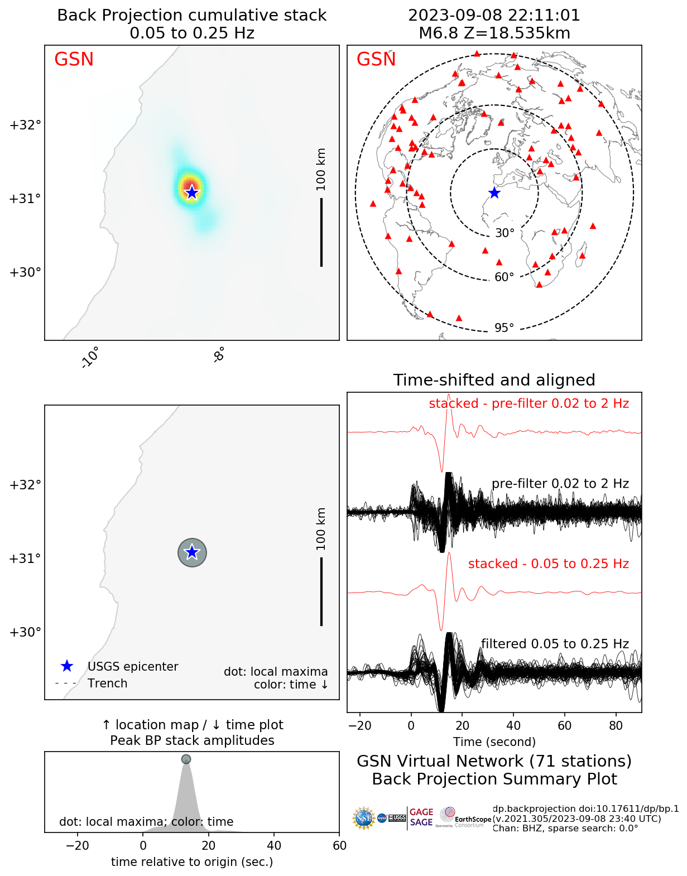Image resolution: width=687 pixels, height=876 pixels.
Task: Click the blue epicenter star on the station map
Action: pos(494,193)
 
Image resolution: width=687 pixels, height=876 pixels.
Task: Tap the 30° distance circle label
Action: pos(505,233)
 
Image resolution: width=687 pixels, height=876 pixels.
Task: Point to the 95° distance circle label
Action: pos(504,328)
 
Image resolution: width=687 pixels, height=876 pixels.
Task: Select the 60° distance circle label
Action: pos(504,277)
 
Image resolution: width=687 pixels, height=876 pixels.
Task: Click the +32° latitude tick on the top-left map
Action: pos(25,124)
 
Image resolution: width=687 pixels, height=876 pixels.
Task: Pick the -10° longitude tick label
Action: pos(90,357)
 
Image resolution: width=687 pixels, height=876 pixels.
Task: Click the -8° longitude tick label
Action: pos(219,354)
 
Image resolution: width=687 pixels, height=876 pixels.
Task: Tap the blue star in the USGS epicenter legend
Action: pos(67,666)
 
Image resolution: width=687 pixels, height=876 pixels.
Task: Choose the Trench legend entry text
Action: pos(107,684)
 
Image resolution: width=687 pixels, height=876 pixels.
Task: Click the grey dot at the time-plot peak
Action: pos(186,759)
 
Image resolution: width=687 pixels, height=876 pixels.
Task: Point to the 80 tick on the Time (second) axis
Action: pos(616,725)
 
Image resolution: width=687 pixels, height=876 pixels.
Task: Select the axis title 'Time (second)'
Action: pos(494,742)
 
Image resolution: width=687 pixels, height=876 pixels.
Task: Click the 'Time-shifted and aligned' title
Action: pos(494,380)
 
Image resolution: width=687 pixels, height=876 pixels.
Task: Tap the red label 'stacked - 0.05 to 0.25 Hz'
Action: pos(548,564)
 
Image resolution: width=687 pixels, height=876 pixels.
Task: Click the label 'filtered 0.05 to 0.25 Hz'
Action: pos(555,644)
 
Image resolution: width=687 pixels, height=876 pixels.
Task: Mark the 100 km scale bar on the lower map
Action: pos(321,591)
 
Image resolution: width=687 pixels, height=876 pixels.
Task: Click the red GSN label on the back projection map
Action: pos(74,59)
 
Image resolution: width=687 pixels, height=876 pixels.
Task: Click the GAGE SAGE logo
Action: pos(421,817)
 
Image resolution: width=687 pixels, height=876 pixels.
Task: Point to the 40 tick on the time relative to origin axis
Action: pos(274,845)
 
